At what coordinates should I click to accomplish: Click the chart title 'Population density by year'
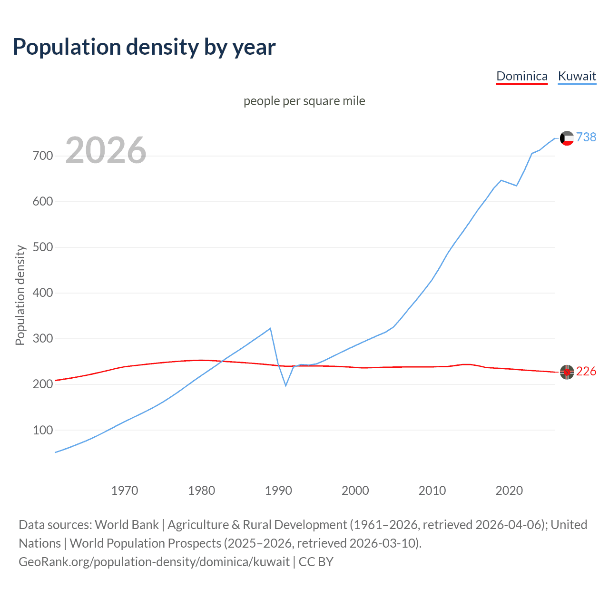pyautogui.click(x=144, y=47)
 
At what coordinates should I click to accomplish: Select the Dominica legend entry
pyautogui.click(x=521, y=76)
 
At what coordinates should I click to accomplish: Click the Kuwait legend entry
pyautogui.click(x=577, y=76)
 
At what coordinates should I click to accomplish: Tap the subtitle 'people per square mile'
pyautogui.click(x=304, y=101)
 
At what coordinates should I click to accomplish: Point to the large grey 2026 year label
pyautogui.click(x=106, y=150)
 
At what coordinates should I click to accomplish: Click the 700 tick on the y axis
pyautogui.click(x=43, y=156)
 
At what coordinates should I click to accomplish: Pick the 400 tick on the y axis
pyautogui.click(x=43, y=293)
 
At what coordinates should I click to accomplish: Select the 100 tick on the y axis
pyautogui.click(x=43, y=430)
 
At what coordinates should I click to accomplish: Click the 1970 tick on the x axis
pyautogui.click(x=125, y=491)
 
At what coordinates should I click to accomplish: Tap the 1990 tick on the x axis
pyautogui.click(x=278, y=491)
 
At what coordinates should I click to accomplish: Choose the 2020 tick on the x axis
pyautogui.click(x=509, y=491)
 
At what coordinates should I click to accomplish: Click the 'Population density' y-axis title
pyautogui.click(x=20, y=295)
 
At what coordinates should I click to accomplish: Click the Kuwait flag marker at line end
pyautogui.click(x=567, y=138)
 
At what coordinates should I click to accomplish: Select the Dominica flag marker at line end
pyautogui.click(x=567, y=372)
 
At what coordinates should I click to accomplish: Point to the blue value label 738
pyautogui.click(x=586, y=137)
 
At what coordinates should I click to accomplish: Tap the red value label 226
pyautogui.click(x=586, y=371)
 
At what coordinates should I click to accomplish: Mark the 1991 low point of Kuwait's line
pyautogui.click(x=286, y=385)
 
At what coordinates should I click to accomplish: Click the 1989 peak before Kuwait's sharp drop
pyautogui.click(x=270, y=328)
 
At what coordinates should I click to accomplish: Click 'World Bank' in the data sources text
pyautogui.click(x=127, y=525)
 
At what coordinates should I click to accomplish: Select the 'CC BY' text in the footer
pyautogui.click(x=316, y=562)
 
